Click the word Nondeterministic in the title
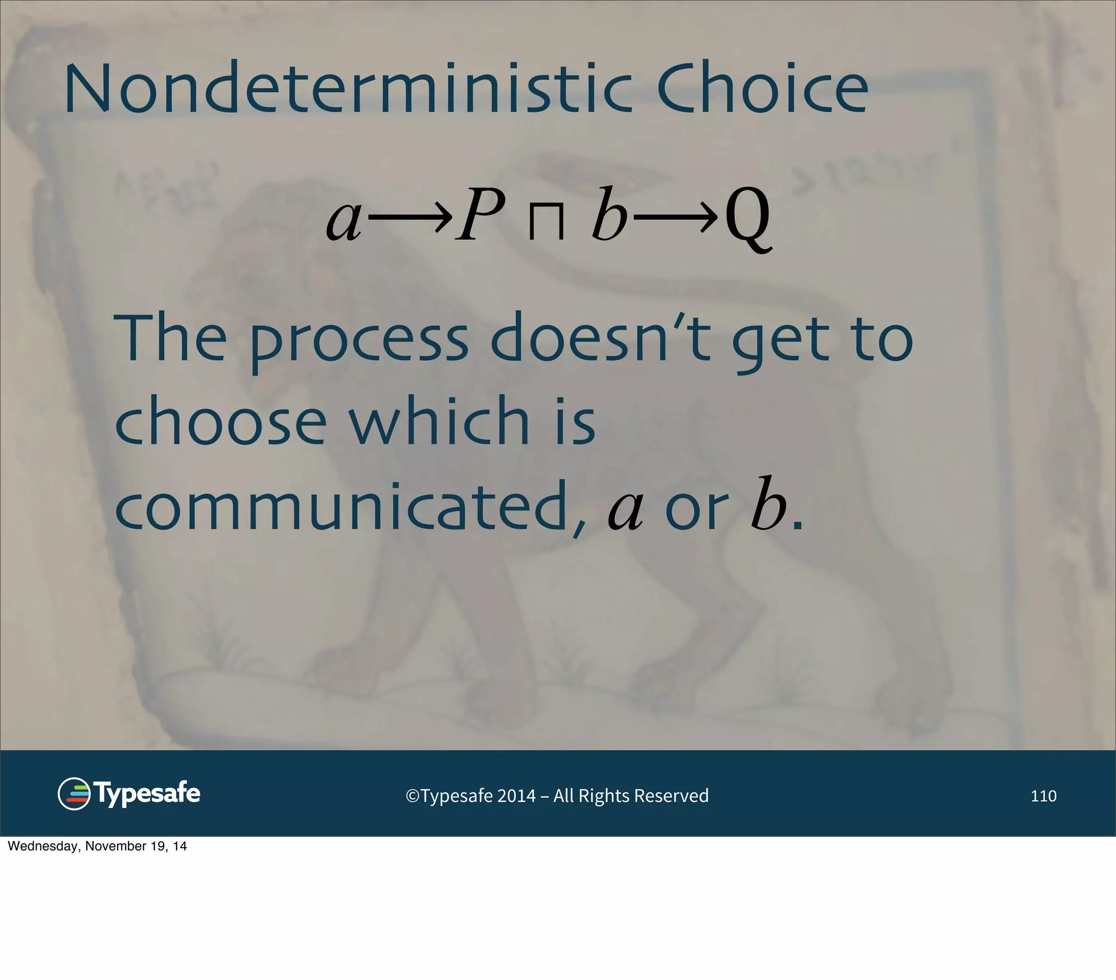pos(348,89)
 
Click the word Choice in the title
pos(762,89)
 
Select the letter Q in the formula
pos(748,218)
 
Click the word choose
pos(221,421)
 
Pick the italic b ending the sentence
pos(768,505)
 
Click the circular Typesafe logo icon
pos(74,794)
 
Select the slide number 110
pos(1043,796)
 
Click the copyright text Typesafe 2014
pos(557,796)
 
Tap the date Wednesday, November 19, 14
pos(97,846)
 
